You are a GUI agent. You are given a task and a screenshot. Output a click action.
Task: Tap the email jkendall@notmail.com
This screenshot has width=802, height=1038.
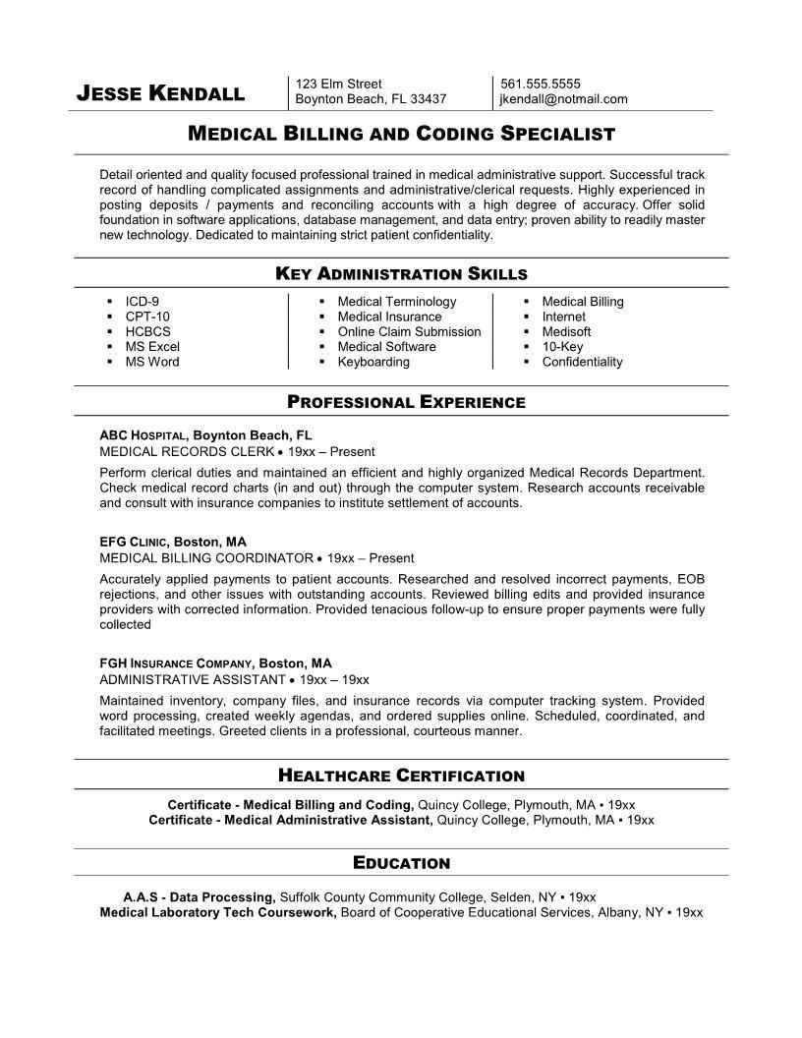(563, 98)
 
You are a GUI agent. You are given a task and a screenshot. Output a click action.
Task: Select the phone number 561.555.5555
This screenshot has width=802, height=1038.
(540, 84)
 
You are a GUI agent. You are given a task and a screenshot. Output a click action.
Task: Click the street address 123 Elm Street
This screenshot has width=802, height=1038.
(339, 84)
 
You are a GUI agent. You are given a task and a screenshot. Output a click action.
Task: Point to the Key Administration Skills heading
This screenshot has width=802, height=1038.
(401, 273)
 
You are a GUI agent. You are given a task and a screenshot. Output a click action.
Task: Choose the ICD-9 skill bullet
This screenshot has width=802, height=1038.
(142, 302)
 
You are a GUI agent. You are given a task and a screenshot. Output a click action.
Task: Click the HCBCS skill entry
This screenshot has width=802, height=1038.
(147, 331)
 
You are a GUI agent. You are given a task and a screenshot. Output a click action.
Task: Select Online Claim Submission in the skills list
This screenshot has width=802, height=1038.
(409, 331)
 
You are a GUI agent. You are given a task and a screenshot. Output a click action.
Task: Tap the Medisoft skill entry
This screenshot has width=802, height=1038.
(567, 331)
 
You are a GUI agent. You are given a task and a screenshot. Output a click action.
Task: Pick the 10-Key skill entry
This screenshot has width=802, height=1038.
(562, 346)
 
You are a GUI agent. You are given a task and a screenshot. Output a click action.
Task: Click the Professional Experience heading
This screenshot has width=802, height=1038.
(406, 401)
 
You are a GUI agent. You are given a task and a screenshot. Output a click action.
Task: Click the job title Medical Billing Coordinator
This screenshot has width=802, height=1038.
(206, 557)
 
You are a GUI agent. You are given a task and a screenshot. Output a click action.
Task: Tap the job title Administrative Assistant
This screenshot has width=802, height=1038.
(193, 679)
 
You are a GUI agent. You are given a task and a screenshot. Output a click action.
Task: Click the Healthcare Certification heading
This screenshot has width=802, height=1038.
(401, 776)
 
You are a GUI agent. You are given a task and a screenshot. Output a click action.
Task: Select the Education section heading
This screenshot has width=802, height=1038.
(401, 863)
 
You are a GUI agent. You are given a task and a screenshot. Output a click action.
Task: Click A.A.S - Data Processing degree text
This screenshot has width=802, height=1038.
(199, 897)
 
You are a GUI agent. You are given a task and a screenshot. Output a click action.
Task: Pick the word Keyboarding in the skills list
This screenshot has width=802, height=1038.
(373, 362)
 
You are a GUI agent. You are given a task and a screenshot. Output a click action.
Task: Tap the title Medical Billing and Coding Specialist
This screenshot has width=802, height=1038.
(401, 133)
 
